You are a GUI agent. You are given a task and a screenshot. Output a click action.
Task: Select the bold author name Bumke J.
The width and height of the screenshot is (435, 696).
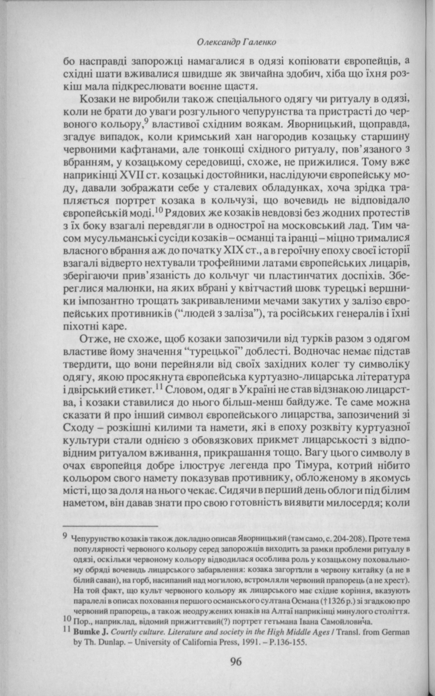pos(90,633)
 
